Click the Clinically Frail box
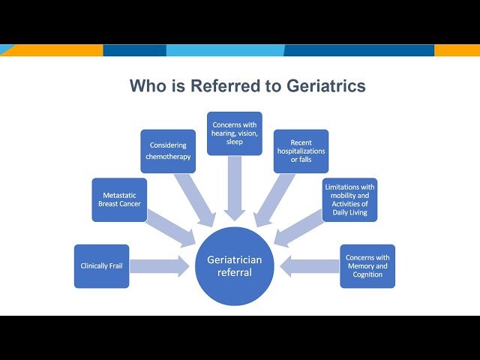(102, 266)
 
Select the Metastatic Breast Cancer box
(119, 199)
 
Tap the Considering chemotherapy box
(168, 151)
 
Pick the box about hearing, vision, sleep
(235, 133)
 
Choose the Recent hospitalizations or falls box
(301, 151)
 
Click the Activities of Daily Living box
(349, 199)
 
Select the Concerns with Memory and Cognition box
(367, 266)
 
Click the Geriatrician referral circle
(235, 266)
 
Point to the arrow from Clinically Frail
(160, 266)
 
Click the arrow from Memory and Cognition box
(310, 266)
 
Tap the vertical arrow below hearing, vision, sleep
(235, 188)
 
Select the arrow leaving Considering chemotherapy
(195, 200)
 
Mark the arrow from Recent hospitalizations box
(274, 200)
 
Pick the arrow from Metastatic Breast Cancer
(170, 228)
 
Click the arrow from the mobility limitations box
(298, 228)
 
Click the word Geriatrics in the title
(326, 85)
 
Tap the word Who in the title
(148, 85)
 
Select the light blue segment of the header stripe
(225, 50)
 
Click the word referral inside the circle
(235, 272)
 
